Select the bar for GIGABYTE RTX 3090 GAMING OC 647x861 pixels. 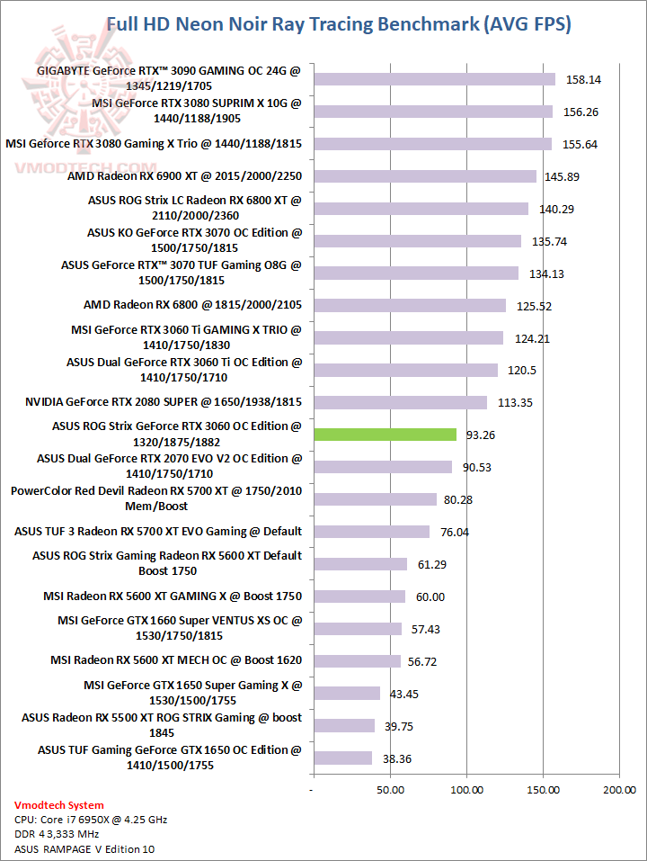434,79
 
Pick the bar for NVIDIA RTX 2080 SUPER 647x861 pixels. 400,402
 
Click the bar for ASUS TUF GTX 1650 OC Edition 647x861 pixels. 342,758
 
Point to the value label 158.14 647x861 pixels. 583,79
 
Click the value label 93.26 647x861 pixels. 481,435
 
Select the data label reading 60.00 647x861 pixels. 430,596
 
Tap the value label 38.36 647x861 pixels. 396,758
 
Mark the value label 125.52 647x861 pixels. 534,306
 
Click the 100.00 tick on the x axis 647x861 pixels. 466,790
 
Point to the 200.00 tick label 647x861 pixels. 619,790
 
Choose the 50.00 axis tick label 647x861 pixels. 389,790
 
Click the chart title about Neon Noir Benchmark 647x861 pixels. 338,24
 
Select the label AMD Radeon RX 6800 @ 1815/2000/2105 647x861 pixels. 192,305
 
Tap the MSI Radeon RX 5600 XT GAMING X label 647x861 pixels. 173,596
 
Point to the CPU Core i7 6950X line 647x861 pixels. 91,820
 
